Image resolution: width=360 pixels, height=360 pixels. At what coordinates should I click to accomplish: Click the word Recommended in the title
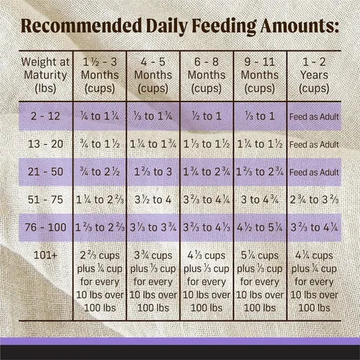81,26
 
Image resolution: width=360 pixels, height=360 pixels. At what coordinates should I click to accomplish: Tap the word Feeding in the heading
225,27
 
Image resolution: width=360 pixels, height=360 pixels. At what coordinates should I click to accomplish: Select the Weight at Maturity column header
45,75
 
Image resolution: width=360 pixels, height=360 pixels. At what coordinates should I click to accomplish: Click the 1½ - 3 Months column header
100,75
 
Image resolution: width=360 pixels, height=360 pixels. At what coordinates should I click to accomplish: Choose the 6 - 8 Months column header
207,75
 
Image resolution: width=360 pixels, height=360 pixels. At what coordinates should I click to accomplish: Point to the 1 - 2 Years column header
314,75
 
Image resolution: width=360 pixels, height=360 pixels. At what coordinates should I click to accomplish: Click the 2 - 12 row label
45,116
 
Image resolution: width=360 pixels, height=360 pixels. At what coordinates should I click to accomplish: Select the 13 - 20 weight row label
45,144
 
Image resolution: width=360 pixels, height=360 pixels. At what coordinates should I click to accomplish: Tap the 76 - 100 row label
45,228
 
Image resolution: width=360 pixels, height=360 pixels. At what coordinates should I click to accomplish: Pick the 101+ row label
45,255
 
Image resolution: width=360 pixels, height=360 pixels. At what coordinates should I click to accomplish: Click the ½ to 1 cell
207,116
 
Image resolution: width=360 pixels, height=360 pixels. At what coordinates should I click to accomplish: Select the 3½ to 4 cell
153,199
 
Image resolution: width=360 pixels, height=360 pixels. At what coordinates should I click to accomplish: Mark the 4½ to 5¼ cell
260,228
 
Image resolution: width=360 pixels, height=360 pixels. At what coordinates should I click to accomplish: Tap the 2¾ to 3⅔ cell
314,199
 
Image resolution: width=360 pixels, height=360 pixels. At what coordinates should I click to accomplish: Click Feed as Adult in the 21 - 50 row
314,172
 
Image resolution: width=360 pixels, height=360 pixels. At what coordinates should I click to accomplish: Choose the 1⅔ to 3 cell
153,172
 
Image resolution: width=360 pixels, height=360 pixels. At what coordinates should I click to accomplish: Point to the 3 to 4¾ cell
260,199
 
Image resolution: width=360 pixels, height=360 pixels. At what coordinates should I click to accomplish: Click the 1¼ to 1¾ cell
153,144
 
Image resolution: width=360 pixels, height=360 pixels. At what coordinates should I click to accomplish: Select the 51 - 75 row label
45,199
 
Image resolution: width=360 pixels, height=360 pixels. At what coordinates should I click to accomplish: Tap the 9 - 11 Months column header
260,75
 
